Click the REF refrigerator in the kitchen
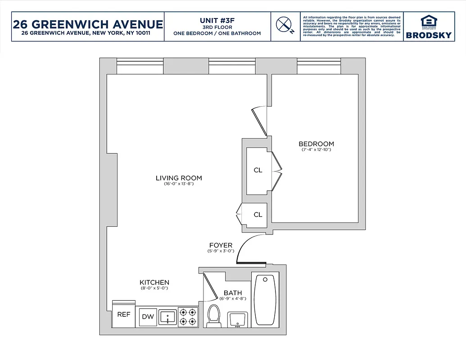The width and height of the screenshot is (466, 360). click(124, 314)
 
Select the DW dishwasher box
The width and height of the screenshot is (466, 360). click(148, 317)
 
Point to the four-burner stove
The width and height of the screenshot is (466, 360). click(188, 316)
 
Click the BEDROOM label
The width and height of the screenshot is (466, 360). click(316, 144)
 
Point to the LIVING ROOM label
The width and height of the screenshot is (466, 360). click(179, 178)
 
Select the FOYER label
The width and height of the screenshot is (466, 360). click(221, 245)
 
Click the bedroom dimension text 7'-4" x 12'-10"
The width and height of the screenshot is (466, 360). click(316, 150)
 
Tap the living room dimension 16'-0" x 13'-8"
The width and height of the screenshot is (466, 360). click(179, 184)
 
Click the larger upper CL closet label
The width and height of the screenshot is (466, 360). click(258, 171)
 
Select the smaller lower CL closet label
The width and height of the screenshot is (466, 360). click(258, 215)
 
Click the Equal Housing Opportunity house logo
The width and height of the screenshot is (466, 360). click(428, 22)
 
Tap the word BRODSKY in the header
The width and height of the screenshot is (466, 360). click(428, 35)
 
